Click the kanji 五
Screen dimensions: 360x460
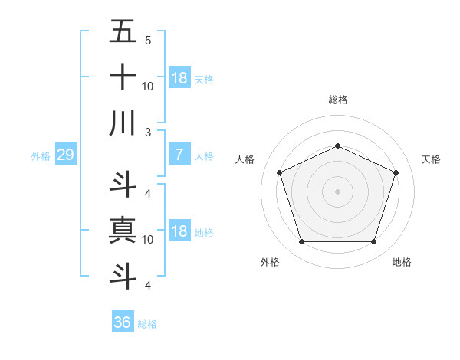click(x=123, y=32)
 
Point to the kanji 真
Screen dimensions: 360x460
click(x=123, y=230)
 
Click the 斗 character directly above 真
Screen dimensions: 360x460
click(x=123, y=184)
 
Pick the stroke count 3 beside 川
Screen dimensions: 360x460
click(x=147, y=133)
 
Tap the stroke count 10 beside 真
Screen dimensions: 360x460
click(x=149, y=240)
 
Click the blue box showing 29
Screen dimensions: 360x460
click(x=65, y=155)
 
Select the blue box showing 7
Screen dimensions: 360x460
click(x=179, y=155)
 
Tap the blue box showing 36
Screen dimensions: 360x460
click(x=122, y=322)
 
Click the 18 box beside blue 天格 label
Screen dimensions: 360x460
click(x=179, y=78)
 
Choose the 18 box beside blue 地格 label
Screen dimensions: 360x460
click(x=179, y=232)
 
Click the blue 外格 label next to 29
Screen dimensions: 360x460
click(x=41, y=156)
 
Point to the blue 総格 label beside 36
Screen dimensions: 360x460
click(x=147, y=324)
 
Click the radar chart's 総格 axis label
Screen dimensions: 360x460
click(x=337, y=100)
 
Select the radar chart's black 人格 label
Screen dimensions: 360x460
click(x=245, y=159)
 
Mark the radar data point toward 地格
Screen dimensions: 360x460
click(x=373, y=242)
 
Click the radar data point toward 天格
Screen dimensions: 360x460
click(x=396, y=172)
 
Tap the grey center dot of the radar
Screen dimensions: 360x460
click(x=337, y=191)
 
